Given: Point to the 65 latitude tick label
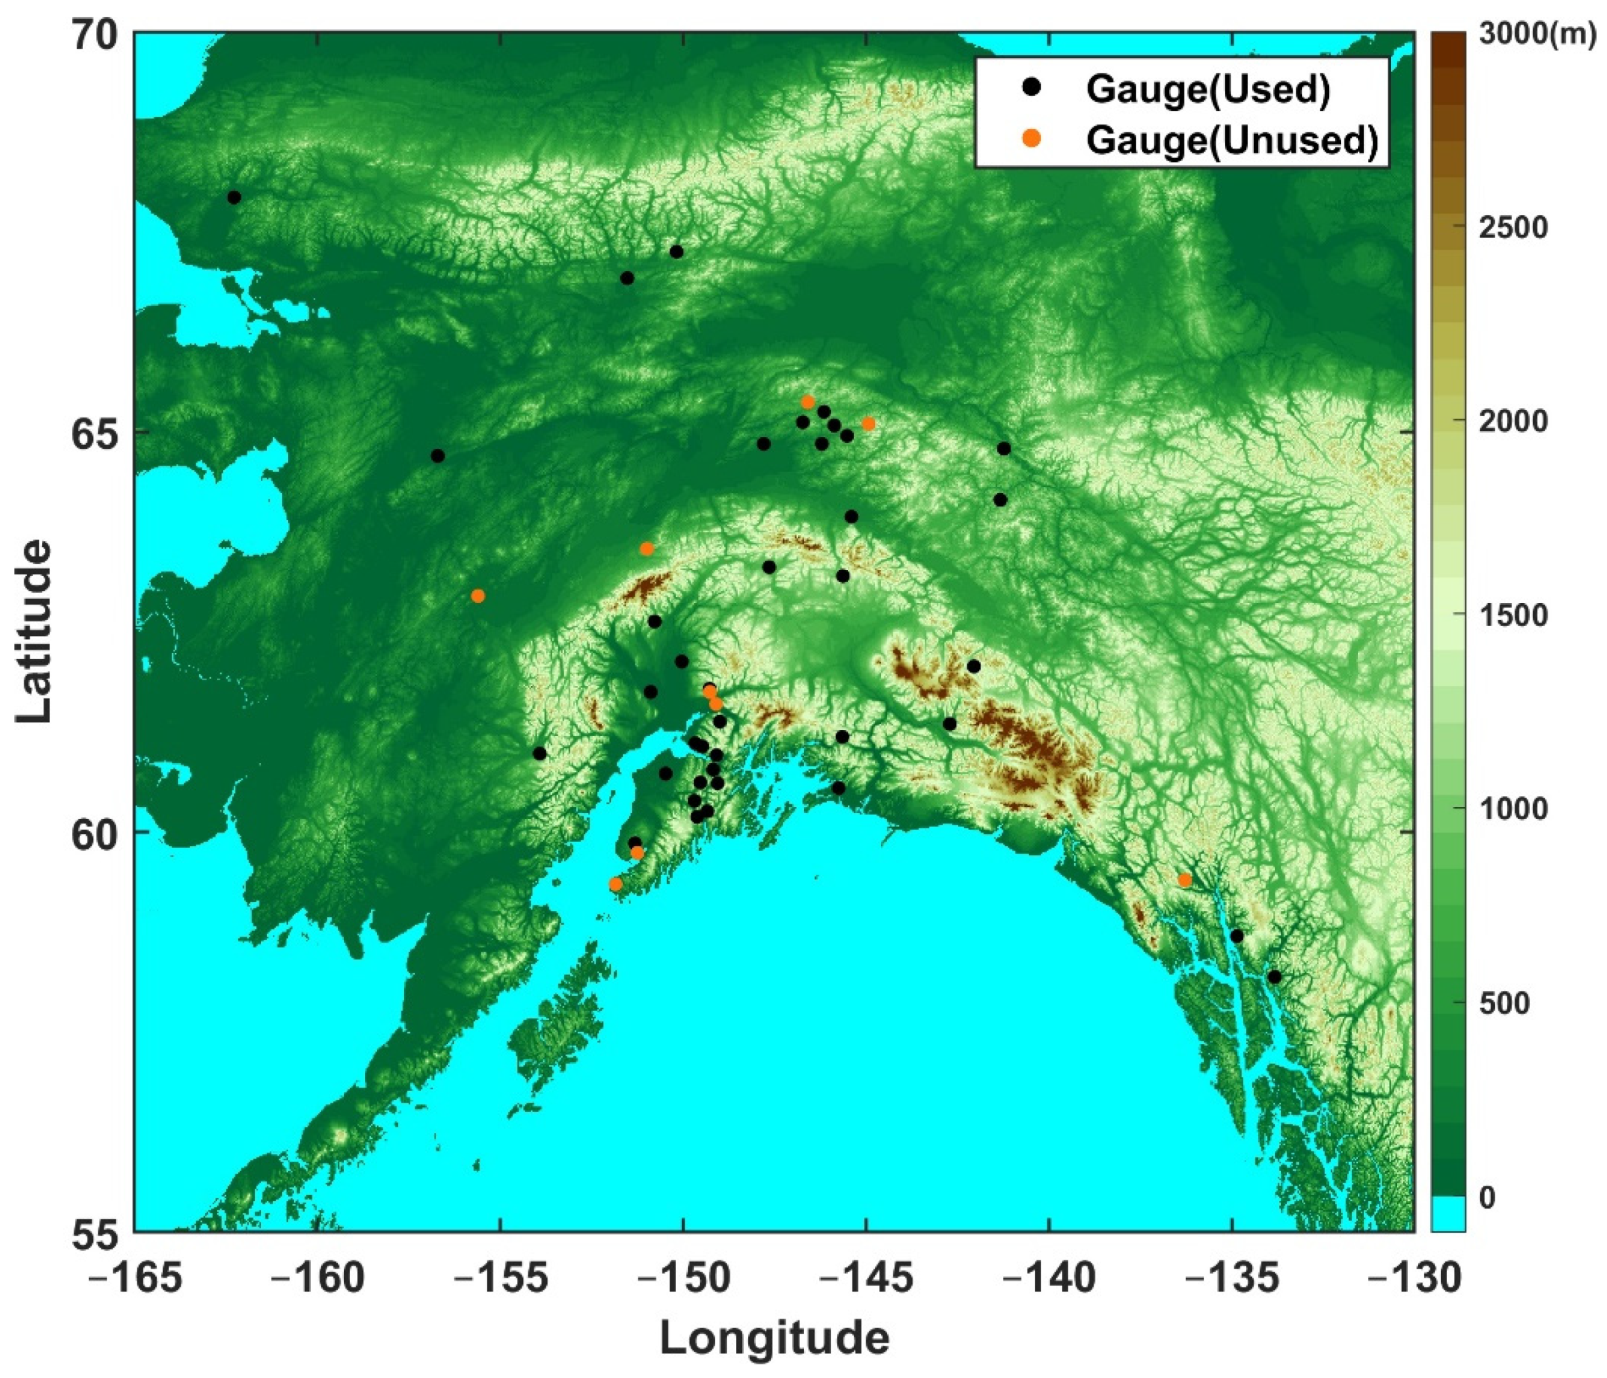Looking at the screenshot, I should tap(95, 432).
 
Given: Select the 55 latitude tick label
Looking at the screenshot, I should tap(95, 1235).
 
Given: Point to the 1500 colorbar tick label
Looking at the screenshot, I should tap(1513, 615).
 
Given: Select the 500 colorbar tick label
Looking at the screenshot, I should tap(1505, 1003).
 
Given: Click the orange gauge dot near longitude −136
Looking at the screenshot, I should tap(1184, 880).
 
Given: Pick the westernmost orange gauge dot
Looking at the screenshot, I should tap(478, 596).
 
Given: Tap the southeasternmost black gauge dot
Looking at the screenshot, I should tap(1274, 977).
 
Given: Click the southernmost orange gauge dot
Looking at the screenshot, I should tap(616, 884).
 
